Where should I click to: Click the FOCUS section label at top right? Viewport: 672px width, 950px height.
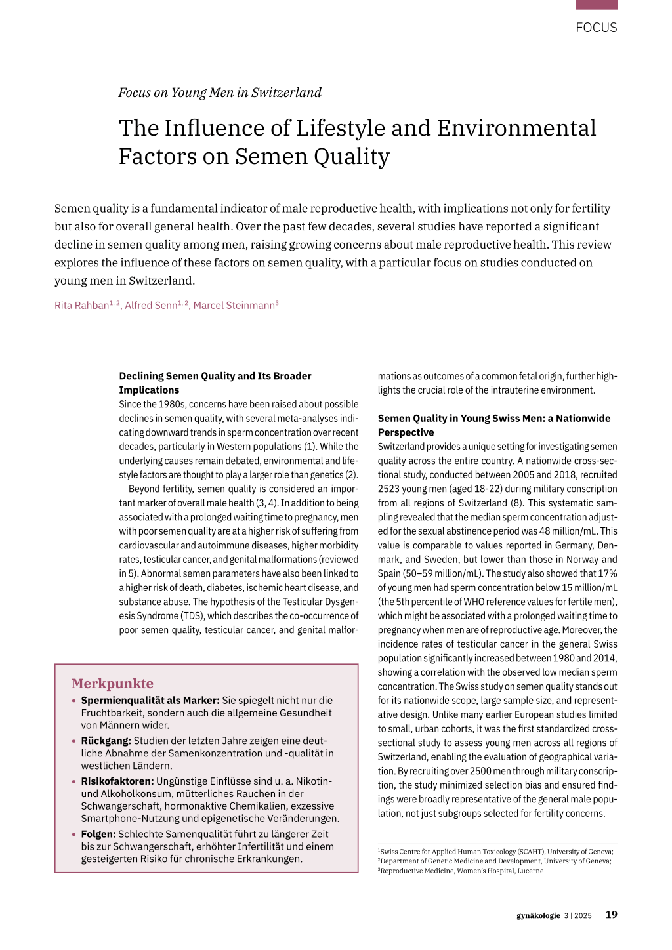596,28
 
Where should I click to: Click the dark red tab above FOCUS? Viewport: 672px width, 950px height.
596,5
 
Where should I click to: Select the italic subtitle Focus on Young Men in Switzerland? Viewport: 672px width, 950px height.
220,93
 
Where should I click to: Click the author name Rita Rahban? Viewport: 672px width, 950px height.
81,306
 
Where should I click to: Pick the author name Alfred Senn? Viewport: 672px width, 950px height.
151,306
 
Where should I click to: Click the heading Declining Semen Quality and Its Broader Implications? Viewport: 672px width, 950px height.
215,382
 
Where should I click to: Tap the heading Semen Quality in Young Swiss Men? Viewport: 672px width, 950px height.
493,425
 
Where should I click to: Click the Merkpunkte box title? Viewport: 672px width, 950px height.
112,684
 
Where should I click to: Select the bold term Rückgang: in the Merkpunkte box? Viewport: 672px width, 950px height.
106,741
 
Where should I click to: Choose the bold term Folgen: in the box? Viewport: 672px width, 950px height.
98,834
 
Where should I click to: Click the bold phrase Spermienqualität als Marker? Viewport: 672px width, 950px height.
150,700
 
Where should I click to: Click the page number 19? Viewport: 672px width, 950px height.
611,915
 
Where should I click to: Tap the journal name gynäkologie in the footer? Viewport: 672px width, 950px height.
538,915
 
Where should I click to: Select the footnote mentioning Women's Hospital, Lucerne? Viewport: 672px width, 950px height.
462,871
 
